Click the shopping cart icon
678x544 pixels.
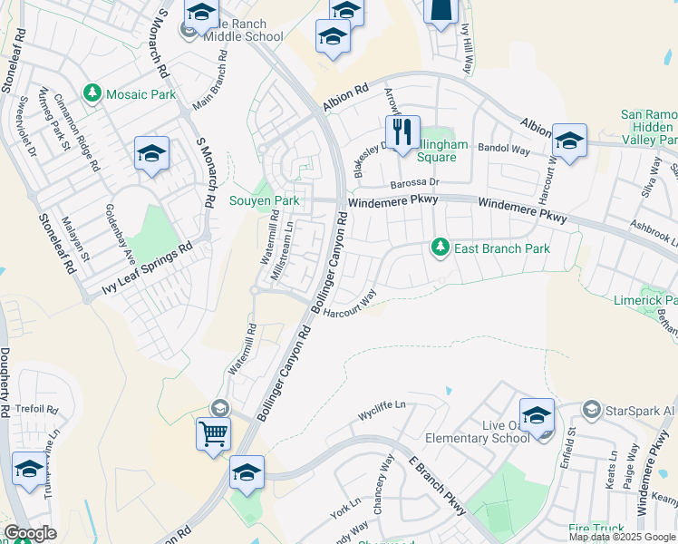coord(213,432)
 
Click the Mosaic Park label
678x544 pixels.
coord(129,92)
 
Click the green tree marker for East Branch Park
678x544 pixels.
coord(440,247)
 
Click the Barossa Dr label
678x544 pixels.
coord(415,182)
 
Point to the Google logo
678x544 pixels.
coord(30,533)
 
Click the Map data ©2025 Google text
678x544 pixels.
coord(621,537)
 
